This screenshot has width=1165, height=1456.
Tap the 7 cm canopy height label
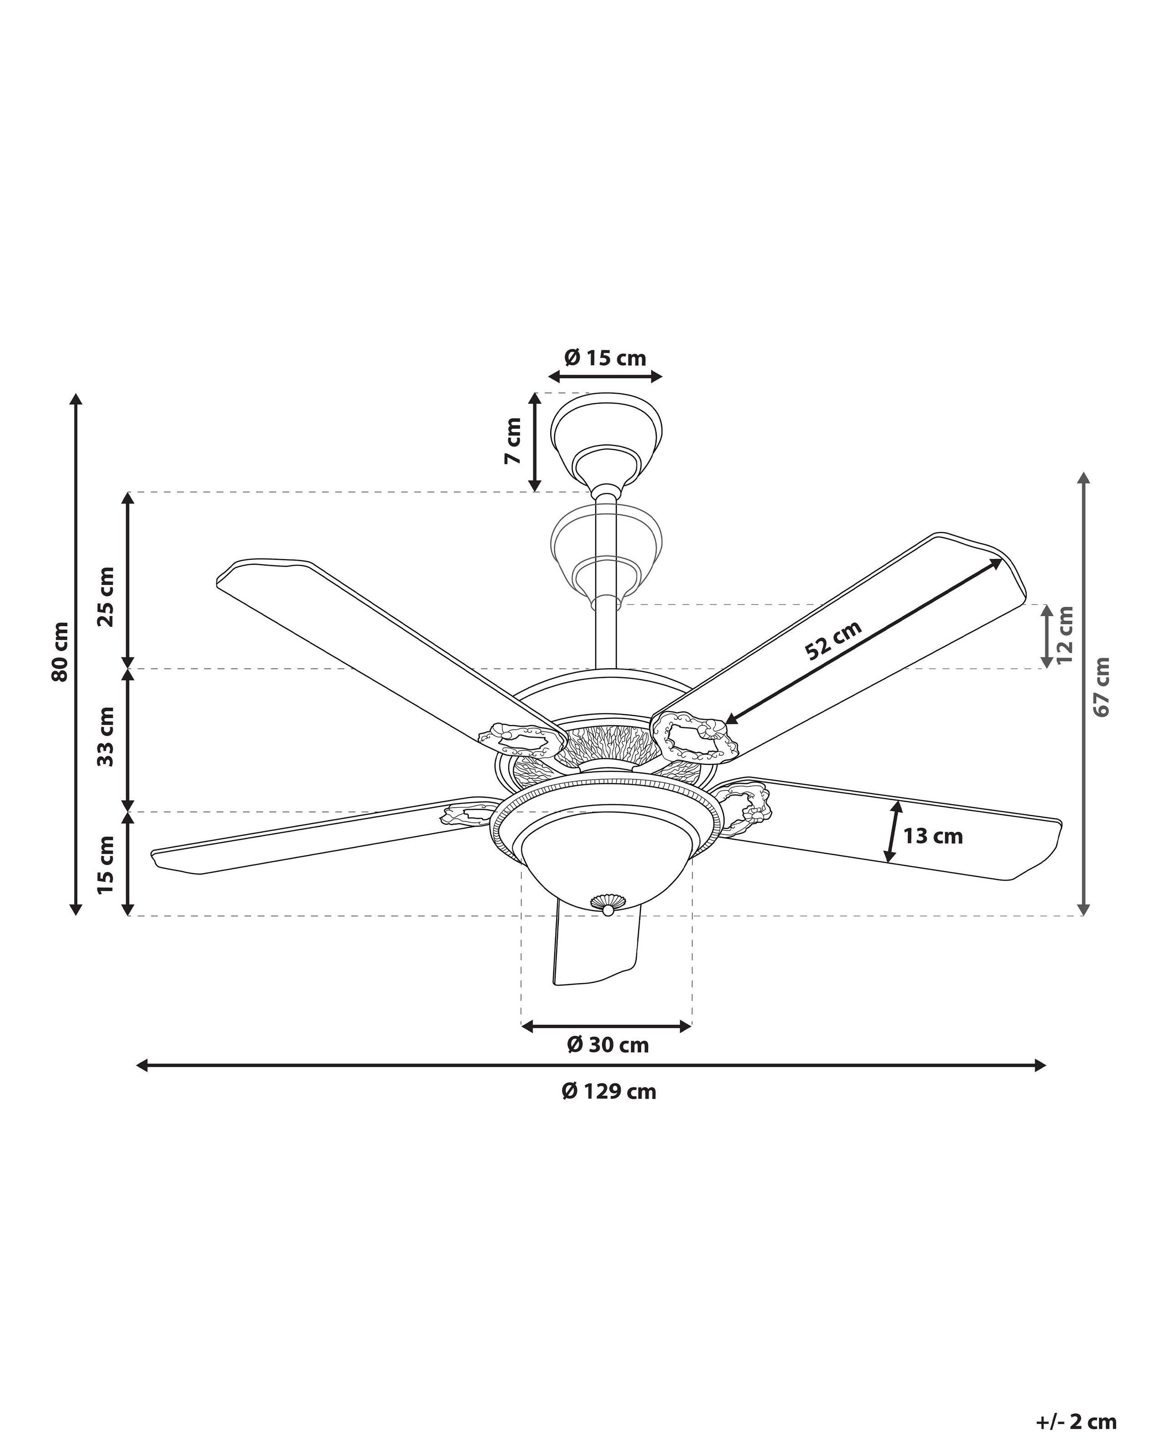512,440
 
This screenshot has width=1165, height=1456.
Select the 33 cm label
106,737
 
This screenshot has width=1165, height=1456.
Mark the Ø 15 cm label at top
605,357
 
